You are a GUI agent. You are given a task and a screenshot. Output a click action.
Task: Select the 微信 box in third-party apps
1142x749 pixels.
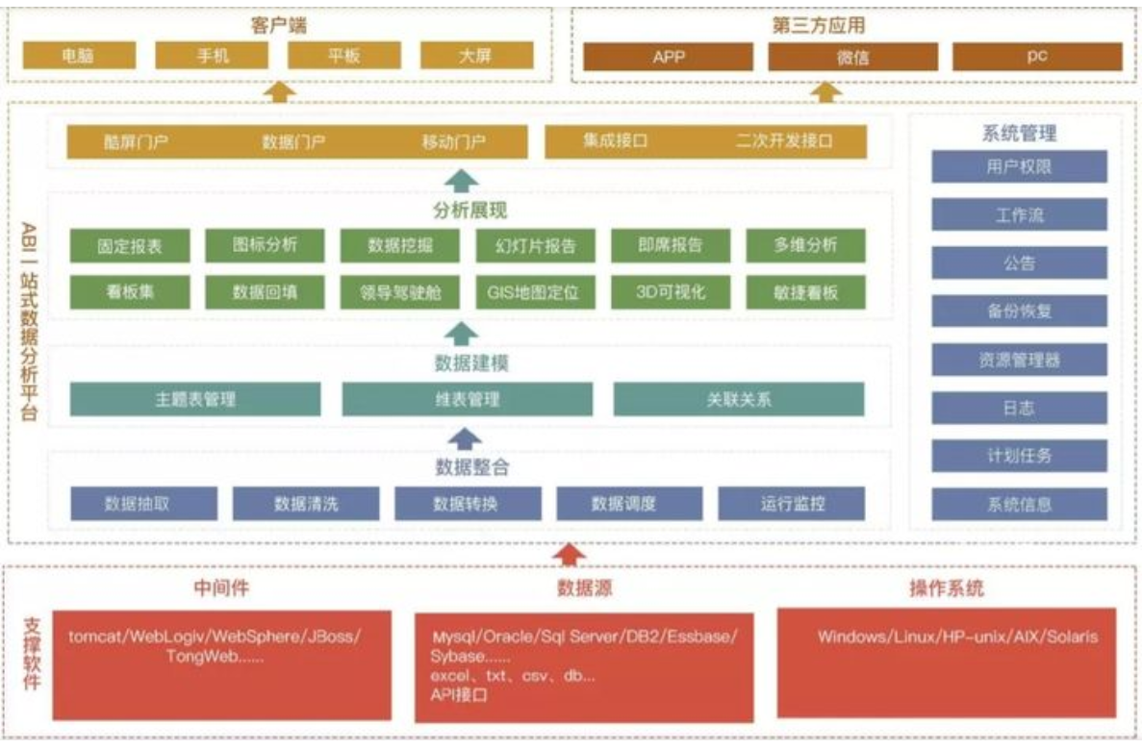tap(852, 57)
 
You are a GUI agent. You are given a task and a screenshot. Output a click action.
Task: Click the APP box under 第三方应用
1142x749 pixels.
tap(668, 57)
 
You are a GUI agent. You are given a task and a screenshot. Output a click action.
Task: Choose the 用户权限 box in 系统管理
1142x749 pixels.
tap(1019, 166)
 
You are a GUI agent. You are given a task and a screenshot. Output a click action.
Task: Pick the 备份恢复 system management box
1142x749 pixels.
tap(1019, 312)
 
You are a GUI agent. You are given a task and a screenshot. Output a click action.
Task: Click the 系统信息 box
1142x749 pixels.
tap(1019, 504)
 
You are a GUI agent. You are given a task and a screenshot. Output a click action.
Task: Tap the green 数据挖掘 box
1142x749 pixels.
tap(400, 245)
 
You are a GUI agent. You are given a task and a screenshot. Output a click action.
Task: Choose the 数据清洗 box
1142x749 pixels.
tap(306, 504)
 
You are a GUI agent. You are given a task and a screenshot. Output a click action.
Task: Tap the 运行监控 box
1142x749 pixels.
tap(791, 504)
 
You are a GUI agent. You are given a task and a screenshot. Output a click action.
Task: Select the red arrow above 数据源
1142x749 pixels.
tap(571, 555)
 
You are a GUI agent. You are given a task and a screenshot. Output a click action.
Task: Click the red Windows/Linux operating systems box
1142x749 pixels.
tap(946, 662)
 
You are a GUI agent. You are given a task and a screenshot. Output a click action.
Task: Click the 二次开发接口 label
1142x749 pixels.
tap(784, 141)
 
